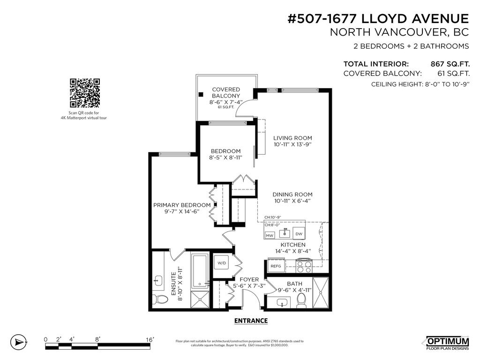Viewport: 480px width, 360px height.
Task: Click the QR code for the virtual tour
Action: click(85, 93)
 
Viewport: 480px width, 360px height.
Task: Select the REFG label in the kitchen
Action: click(276, 266)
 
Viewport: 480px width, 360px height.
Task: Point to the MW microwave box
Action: click(270, 235)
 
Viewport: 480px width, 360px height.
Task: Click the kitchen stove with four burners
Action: click(304, 266)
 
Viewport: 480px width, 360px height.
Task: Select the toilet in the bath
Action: click(301, 299)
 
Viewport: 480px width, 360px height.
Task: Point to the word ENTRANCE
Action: click(251, 321)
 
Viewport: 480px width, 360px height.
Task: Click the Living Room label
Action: click(292, 138)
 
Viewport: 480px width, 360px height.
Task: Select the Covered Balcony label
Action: click(226, 92)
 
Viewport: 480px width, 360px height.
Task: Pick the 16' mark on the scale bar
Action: click(150, 339)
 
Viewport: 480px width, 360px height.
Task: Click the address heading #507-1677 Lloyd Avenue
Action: click(377, 18)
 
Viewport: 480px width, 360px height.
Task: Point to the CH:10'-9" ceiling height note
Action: click(272, 217)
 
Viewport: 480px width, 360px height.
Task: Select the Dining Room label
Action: click(292, 195)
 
